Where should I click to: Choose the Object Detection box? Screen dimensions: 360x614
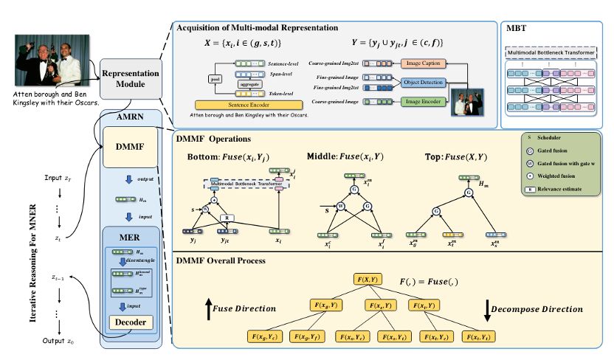421,83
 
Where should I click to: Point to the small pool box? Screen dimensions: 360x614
215,76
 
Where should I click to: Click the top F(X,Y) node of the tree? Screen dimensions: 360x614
366,278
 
